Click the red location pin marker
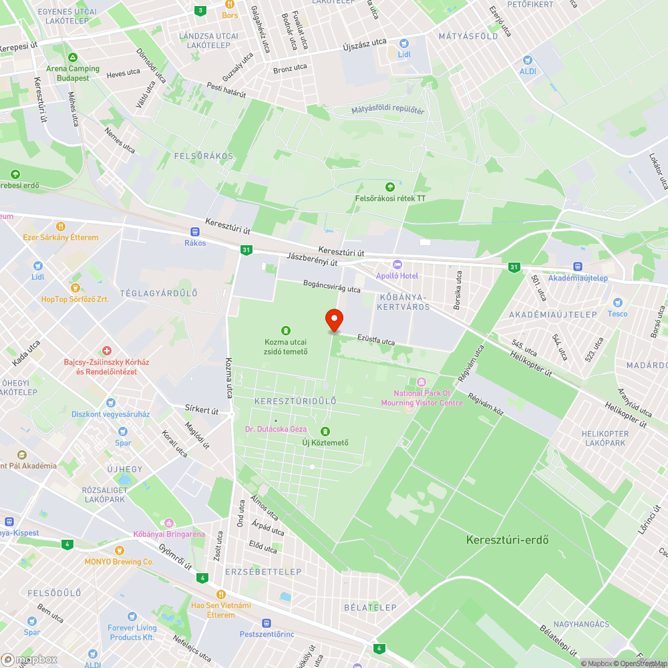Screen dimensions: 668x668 click(x=333, y=321)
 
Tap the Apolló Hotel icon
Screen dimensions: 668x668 click(x=397, y=265)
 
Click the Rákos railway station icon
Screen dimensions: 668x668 click(x=195, y=231)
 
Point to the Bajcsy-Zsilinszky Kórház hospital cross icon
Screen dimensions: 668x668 click(x=107, y=351)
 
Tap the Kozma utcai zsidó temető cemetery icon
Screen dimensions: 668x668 click(x=286, y=330)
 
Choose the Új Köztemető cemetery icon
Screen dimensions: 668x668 click(x=325, y=432)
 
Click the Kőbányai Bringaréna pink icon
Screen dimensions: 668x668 click(x=168, y=522)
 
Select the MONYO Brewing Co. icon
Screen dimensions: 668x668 click(x=120, y=550)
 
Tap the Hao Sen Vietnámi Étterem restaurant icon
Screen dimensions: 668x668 click(x=220, y=594)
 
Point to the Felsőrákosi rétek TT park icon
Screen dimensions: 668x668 click(x=390, y=186)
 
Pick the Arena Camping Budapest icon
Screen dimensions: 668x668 click(x=72, y=57)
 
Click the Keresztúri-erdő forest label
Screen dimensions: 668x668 click(x=507, y=539)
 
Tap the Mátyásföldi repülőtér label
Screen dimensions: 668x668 click(x=388, y=110)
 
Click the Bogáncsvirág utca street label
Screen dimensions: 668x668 click(x=331, y=286)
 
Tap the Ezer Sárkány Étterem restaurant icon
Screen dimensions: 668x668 click(x=60, y=226)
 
